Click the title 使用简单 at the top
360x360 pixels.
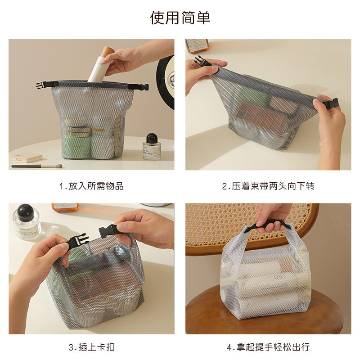click(180, 18)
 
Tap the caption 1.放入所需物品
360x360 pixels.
click(91, 186)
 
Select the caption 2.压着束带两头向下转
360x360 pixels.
click(268, 186)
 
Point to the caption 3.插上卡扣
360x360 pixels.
click(91, 347)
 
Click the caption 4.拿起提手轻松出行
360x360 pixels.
click(268, 347)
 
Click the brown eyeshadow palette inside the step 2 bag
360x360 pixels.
click(261, 120)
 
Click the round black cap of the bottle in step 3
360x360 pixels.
click(26, 212)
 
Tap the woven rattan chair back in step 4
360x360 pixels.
click(216, 225)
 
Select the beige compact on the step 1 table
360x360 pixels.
click(27, 157)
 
